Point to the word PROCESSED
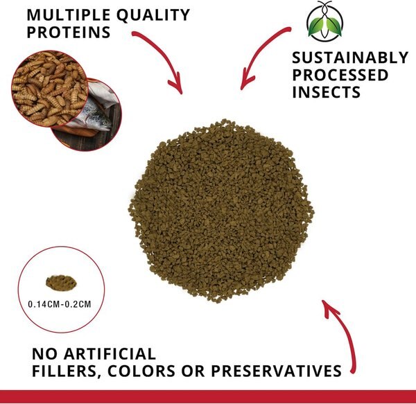coord(340,76)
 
